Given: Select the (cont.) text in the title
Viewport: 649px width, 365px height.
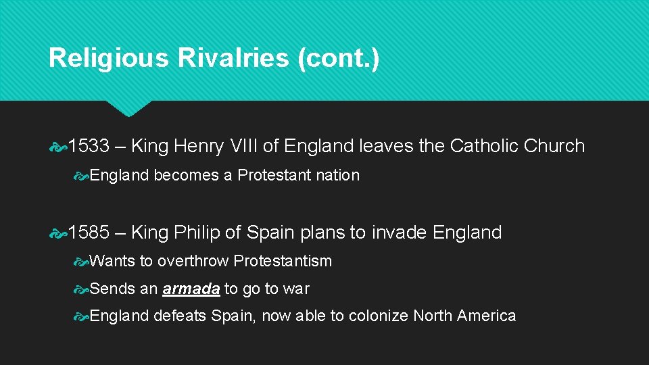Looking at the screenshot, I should coord(338,58).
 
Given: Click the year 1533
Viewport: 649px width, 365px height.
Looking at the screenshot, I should coord(88,146).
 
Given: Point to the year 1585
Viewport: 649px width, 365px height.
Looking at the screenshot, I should coord(88,233).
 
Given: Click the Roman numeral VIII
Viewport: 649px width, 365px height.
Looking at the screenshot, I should coord(260,146).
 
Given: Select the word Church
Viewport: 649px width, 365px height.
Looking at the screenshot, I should coord(554,146).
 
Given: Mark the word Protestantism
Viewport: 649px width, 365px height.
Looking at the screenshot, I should coord(285,261).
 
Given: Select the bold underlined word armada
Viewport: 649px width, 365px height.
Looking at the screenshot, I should coord(191,289).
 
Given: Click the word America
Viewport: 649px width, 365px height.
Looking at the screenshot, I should coord(486,316).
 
